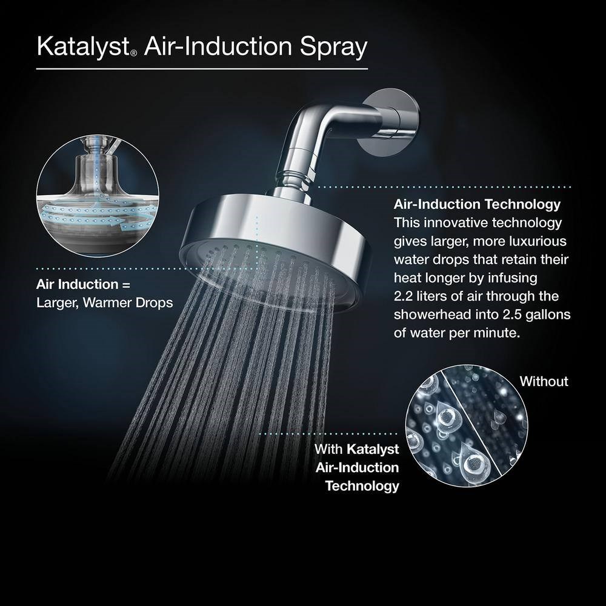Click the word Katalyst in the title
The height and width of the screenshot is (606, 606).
click(83, 47)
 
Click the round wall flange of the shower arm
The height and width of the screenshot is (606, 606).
click(390, 122)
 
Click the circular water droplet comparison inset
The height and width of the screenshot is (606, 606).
click(467, 425)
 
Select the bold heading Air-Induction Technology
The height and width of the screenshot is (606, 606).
click(477, 204)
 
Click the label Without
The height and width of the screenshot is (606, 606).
click(544, 381)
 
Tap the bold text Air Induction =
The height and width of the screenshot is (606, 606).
click(83, 284)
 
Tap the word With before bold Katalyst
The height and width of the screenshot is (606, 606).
click(328, 449)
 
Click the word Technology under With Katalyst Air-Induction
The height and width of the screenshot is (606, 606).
click(362, 486)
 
